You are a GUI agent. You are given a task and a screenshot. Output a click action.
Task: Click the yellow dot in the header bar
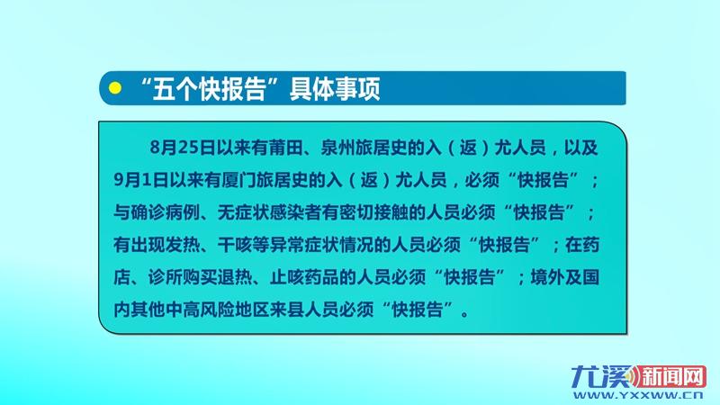coord(115,87)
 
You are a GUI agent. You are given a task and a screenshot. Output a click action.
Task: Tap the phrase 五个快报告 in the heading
coord(210,88)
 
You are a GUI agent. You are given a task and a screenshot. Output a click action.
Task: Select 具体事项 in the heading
coord(335,88)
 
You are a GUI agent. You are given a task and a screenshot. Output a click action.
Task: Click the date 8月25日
coord(183,148)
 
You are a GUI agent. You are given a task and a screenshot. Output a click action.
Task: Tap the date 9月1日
coord(141,181)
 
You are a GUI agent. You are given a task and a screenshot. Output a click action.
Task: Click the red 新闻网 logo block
coord(670,377)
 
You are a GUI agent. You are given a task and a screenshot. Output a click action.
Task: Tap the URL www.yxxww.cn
coord(638,395)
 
